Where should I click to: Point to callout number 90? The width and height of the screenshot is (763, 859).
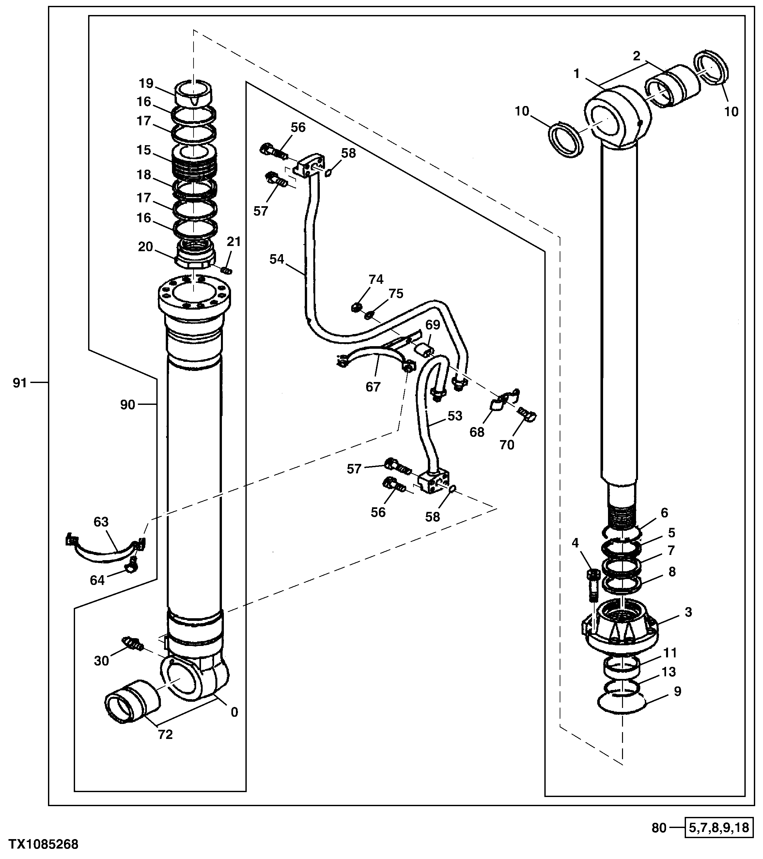pos(128,405)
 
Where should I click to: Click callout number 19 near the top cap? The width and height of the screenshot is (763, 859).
pos(146,84)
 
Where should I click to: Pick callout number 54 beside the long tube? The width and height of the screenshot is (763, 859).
pos(277,259)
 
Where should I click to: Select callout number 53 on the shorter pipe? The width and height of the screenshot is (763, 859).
pos(455,416)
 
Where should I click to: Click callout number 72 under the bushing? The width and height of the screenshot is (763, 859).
pos(165,735)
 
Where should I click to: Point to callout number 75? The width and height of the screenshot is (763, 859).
pos(396,293)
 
